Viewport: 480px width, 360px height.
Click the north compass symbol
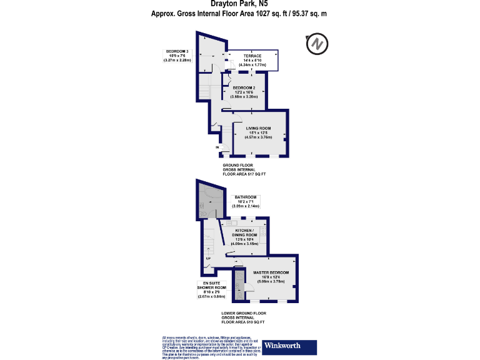point(317,45)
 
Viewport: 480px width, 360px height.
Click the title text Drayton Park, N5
point(239,4)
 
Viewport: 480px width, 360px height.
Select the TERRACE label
point(252,56)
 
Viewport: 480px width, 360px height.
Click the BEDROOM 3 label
point(177,51)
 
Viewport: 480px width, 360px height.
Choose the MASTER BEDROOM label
point(270,272)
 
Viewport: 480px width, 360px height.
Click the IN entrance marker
point(217,147)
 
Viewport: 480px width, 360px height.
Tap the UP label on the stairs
point(208,257)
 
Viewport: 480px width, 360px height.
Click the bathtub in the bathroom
point(211,200)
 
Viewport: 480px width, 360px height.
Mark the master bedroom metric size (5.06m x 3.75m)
point(270,282)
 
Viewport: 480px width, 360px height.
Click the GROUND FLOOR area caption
point(244,169)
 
